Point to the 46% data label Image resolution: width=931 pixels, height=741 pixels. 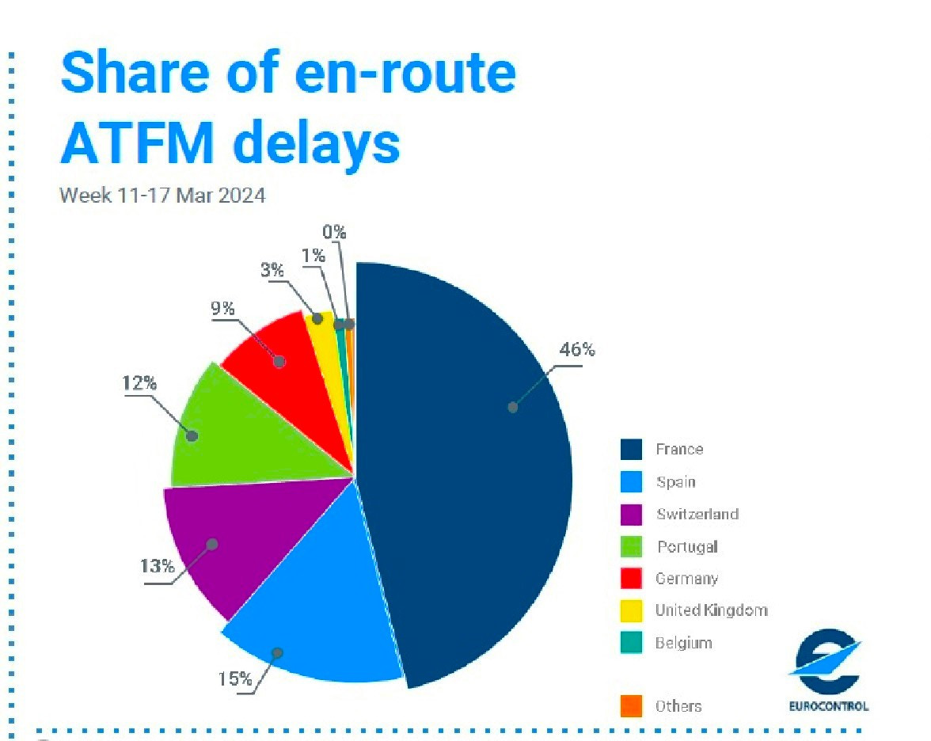(577, 350)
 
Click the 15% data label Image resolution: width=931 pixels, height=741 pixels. (235, 679)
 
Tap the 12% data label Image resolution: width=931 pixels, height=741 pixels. (139, 383)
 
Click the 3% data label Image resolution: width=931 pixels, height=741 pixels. (272, 270)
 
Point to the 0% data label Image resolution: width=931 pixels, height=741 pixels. (334, 232)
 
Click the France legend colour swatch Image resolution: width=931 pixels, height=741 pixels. (631, 450)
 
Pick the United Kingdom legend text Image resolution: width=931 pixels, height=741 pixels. (711, 610)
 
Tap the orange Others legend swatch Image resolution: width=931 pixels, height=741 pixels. (631, 706)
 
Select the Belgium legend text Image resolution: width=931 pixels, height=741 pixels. (683, 642)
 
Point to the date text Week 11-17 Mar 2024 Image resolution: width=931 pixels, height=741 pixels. (162, 195)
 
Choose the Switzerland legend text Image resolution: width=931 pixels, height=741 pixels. (697, 515)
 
